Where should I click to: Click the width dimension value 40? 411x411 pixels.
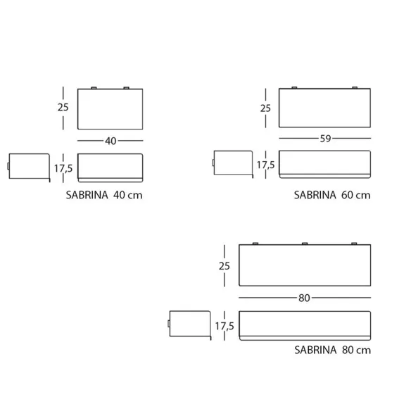(x=110, y=141)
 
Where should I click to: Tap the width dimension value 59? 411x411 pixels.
(x=325, y=139)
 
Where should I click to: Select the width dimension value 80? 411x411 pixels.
(x=304, y=298)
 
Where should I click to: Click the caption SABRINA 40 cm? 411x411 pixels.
(x=104, y=195)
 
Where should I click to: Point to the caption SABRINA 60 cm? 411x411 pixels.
(x=332, y=195)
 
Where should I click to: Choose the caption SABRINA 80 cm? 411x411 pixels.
(x=332, y=350)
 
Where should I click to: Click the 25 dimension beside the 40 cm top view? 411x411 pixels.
(x=63, y=107)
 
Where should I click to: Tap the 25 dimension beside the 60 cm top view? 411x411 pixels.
(x=265, y=108)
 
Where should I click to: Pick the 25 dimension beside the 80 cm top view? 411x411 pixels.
(x=224, y=266)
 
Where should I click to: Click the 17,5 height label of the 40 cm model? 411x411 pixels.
(x=63, y=168)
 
